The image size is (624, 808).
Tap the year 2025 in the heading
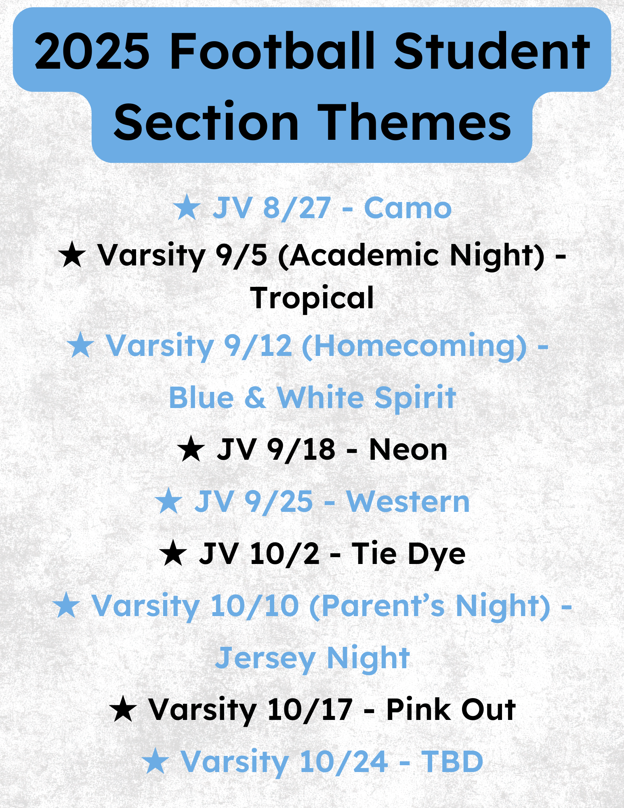(x=92, y=52)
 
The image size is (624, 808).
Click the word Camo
(x=408, y=208)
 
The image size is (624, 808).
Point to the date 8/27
(x=297, y=208)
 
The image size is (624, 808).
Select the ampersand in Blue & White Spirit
(x=255, y=398)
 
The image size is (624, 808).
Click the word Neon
(x=408, y=450)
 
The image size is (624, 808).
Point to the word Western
(x=408, y=502)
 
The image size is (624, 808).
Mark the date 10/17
(x=310, y=710)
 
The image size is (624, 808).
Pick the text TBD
(x=452, y=762)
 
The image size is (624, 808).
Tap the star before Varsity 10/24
(x=155, y=762)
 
